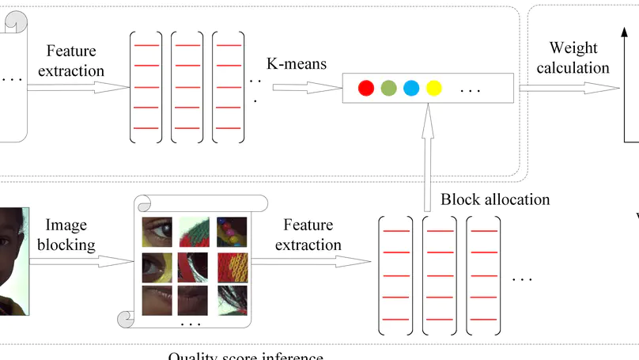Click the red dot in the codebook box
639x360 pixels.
(x=365, y=88)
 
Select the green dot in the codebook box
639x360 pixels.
(x=388, y=88)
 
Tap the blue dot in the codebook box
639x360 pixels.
(x=411, y=88)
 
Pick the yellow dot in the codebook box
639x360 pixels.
(x=433, y=88)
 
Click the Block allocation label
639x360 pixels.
(x=495, y=199)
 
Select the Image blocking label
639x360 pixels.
(x=70, y=235)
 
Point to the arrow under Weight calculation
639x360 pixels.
(x=567, y=89)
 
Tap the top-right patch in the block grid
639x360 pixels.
(x=232, y=231)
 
